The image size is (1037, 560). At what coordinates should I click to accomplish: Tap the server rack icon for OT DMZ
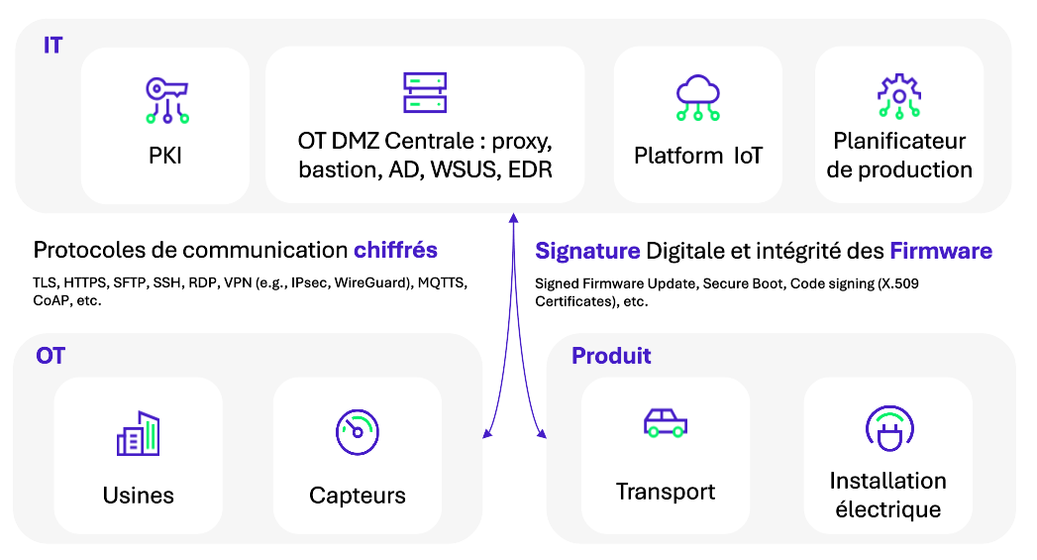point(425,92)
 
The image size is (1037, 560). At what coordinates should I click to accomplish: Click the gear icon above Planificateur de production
point(898,97)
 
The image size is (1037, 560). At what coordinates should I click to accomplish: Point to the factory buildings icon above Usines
point(138,433)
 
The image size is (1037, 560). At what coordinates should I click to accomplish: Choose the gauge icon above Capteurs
point(358,432)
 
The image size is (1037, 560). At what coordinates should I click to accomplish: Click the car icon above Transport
point(665,423)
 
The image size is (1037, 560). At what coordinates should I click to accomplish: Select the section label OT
point(51,356)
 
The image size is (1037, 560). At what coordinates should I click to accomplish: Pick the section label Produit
point(611,356)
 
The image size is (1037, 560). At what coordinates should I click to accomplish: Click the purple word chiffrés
point(395,250)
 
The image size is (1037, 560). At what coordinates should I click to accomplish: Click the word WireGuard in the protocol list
point(367,282)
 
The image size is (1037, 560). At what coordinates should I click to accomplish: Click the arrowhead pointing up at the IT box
point(513,217)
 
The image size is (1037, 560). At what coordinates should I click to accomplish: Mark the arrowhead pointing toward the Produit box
point(541,432)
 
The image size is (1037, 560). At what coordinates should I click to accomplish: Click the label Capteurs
point(358,496)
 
